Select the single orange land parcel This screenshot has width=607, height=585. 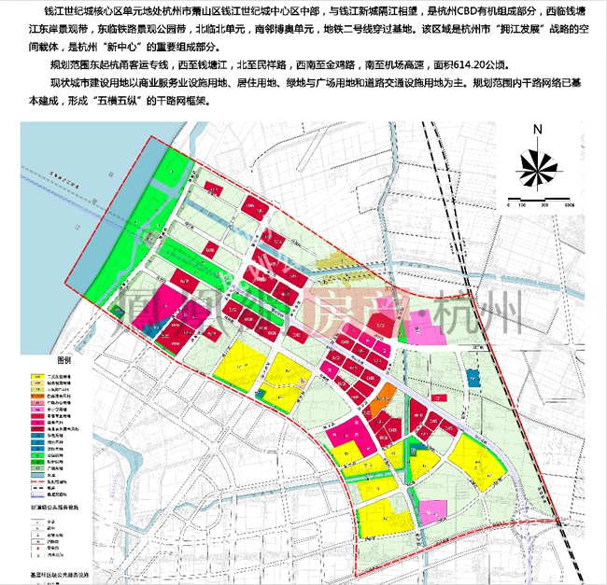pyautogui.click(x=383, y=393)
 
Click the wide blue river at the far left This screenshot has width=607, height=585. pyautogui.click(x=37, y=280)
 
